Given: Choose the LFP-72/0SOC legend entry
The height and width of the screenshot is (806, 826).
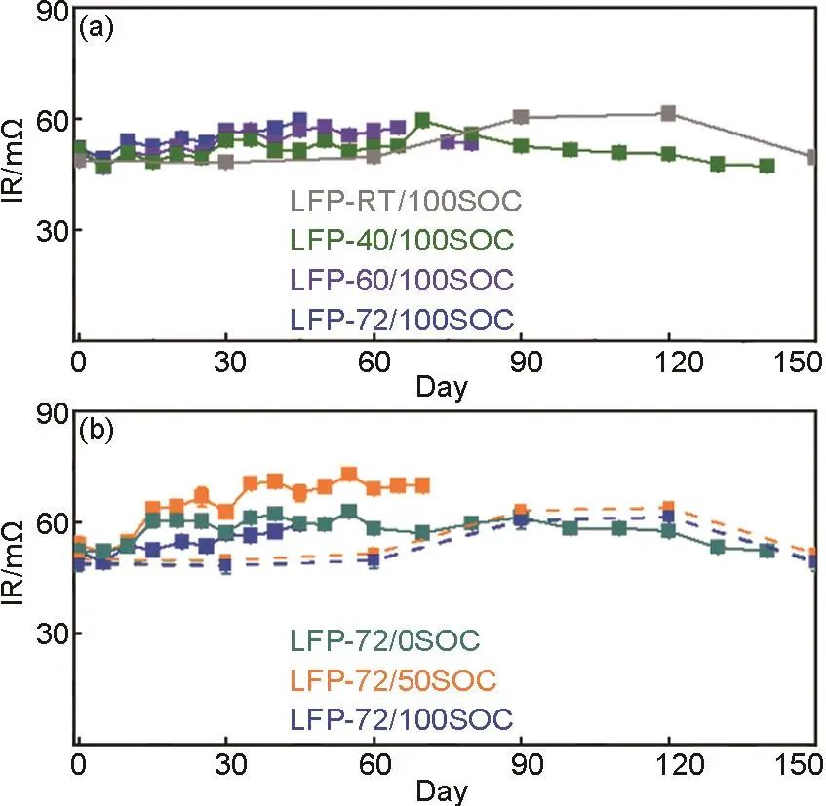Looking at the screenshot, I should [386, 641].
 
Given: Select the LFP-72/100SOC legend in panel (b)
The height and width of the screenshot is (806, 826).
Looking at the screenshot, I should [400, 718].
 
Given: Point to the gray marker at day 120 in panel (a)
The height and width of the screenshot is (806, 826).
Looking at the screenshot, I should [668, 113].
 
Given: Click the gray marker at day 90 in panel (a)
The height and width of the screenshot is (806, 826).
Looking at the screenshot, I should [521, 117].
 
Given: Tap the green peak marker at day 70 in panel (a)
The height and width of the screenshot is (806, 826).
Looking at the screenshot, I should [422, 120].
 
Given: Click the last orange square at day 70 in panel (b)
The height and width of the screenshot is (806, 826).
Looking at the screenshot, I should [422, 485].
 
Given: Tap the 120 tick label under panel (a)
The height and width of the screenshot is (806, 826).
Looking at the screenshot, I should [668, 360].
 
